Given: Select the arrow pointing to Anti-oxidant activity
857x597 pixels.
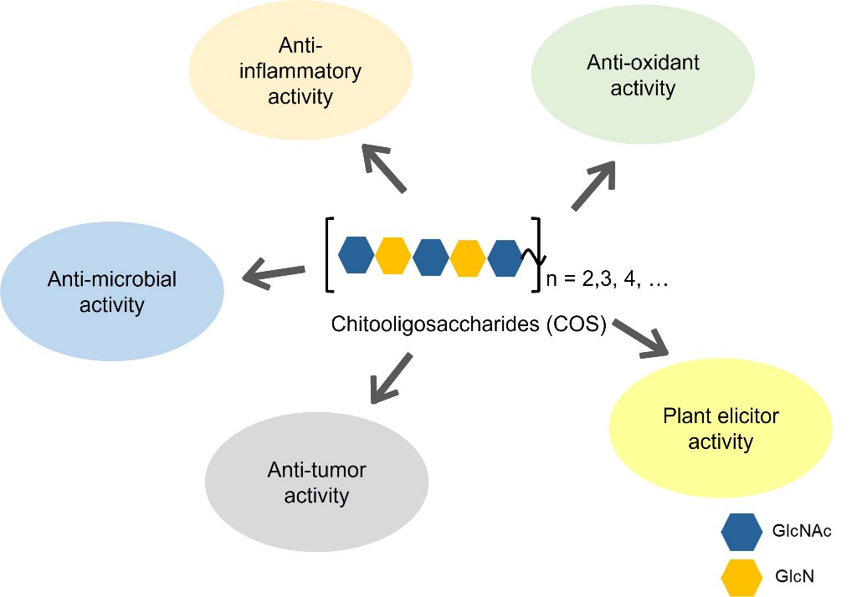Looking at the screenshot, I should pyautogui.click(x=594, y=185).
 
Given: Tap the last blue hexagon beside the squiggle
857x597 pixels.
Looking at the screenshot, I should pyautogui.click(x=505, y=257).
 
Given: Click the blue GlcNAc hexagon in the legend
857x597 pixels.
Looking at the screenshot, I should pyautogui.click(x=742, y=531).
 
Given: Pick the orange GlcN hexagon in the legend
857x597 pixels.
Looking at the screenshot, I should pyautogui.click(x=742, y=576).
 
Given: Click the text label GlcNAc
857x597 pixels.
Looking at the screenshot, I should pyautogui.click(x=803, y=531).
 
